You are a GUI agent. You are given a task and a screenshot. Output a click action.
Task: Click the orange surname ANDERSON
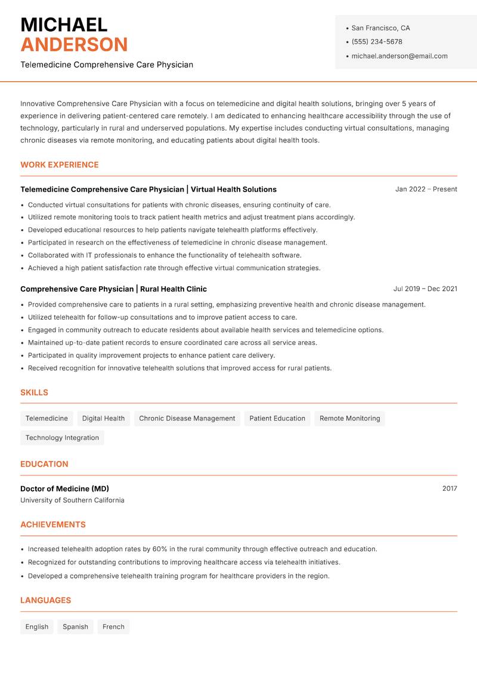point(74,45)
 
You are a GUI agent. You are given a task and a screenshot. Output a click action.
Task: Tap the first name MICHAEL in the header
point(64,24)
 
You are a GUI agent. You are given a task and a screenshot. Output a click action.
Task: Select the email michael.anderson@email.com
point(399,56)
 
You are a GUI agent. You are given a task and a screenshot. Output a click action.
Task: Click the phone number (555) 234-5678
point(376,42)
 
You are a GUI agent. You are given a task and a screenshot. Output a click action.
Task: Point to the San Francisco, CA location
point(380,28)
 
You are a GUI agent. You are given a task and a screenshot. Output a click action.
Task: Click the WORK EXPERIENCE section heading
point(60,165)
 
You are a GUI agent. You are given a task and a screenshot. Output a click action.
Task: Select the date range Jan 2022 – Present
point(426,189)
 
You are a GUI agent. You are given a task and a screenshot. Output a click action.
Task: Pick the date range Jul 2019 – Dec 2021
point(425,289)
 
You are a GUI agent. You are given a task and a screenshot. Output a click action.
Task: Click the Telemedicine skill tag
point(47,418)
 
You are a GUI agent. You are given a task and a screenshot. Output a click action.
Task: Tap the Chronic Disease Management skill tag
point(187,418)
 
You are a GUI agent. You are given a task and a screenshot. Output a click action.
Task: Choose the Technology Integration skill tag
point(62,438)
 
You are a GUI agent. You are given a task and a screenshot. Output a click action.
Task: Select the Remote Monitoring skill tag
point(349,418)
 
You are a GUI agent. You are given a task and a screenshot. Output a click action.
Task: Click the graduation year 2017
point(450,489)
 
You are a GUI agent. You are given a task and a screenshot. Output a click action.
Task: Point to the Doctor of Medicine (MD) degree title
point(64,489)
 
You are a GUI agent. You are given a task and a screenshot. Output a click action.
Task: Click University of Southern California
point(72,500)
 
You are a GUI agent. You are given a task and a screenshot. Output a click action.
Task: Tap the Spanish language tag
point(75,627)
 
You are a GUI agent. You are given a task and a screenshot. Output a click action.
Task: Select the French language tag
point(113,627)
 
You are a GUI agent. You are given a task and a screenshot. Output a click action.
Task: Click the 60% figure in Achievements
point(159,549)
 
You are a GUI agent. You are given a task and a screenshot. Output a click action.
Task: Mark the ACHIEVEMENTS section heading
point(53,525)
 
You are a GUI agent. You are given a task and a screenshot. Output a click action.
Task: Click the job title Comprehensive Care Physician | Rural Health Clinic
point(113,289)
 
